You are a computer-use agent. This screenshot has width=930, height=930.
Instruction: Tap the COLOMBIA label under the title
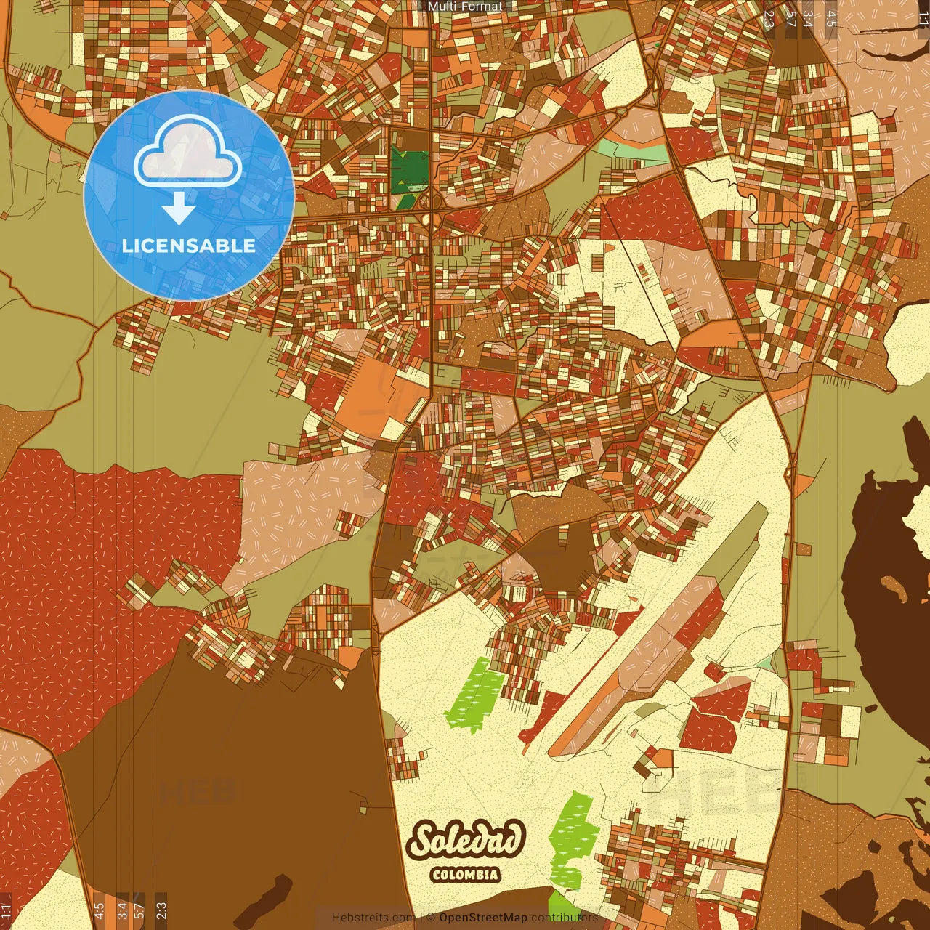point(466,874)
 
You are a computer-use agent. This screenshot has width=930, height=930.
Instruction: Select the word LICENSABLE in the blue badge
point(189,246)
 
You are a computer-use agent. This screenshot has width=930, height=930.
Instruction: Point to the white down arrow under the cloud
point(178,208)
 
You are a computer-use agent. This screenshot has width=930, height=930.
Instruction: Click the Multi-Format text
point(465,7)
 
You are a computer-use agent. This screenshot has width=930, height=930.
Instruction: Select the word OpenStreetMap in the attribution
point(482,918)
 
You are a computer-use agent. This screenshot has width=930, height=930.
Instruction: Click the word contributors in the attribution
point(565,918)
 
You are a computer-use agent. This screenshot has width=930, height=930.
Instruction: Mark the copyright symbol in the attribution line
point(430,918)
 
